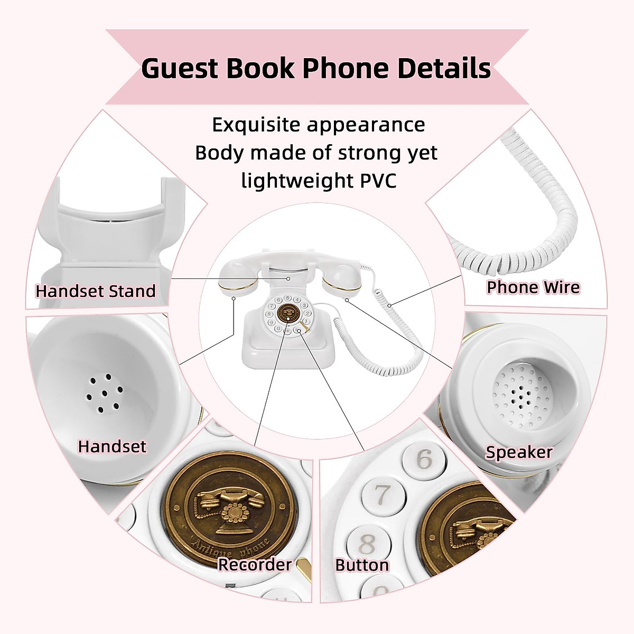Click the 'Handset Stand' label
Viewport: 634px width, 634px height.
click(x=96, y=291)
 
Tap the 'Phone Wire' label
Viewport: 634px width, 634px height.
click(x=533, y=287)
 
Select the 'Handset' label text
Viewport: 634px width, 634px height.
click(x=112, y=446)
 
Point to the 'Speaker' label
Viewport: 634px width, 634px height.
click(x=519, y=452)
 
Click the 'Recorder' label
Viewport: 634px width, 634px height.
click(x=255, y=565)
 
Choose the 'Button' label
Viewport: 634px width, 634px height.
click(x=362, y=565)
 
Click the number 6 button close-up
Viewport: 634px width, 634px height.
click(x=424, y=459)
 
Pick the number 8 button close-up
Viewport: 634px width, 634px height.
click(x=367, y=542)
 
